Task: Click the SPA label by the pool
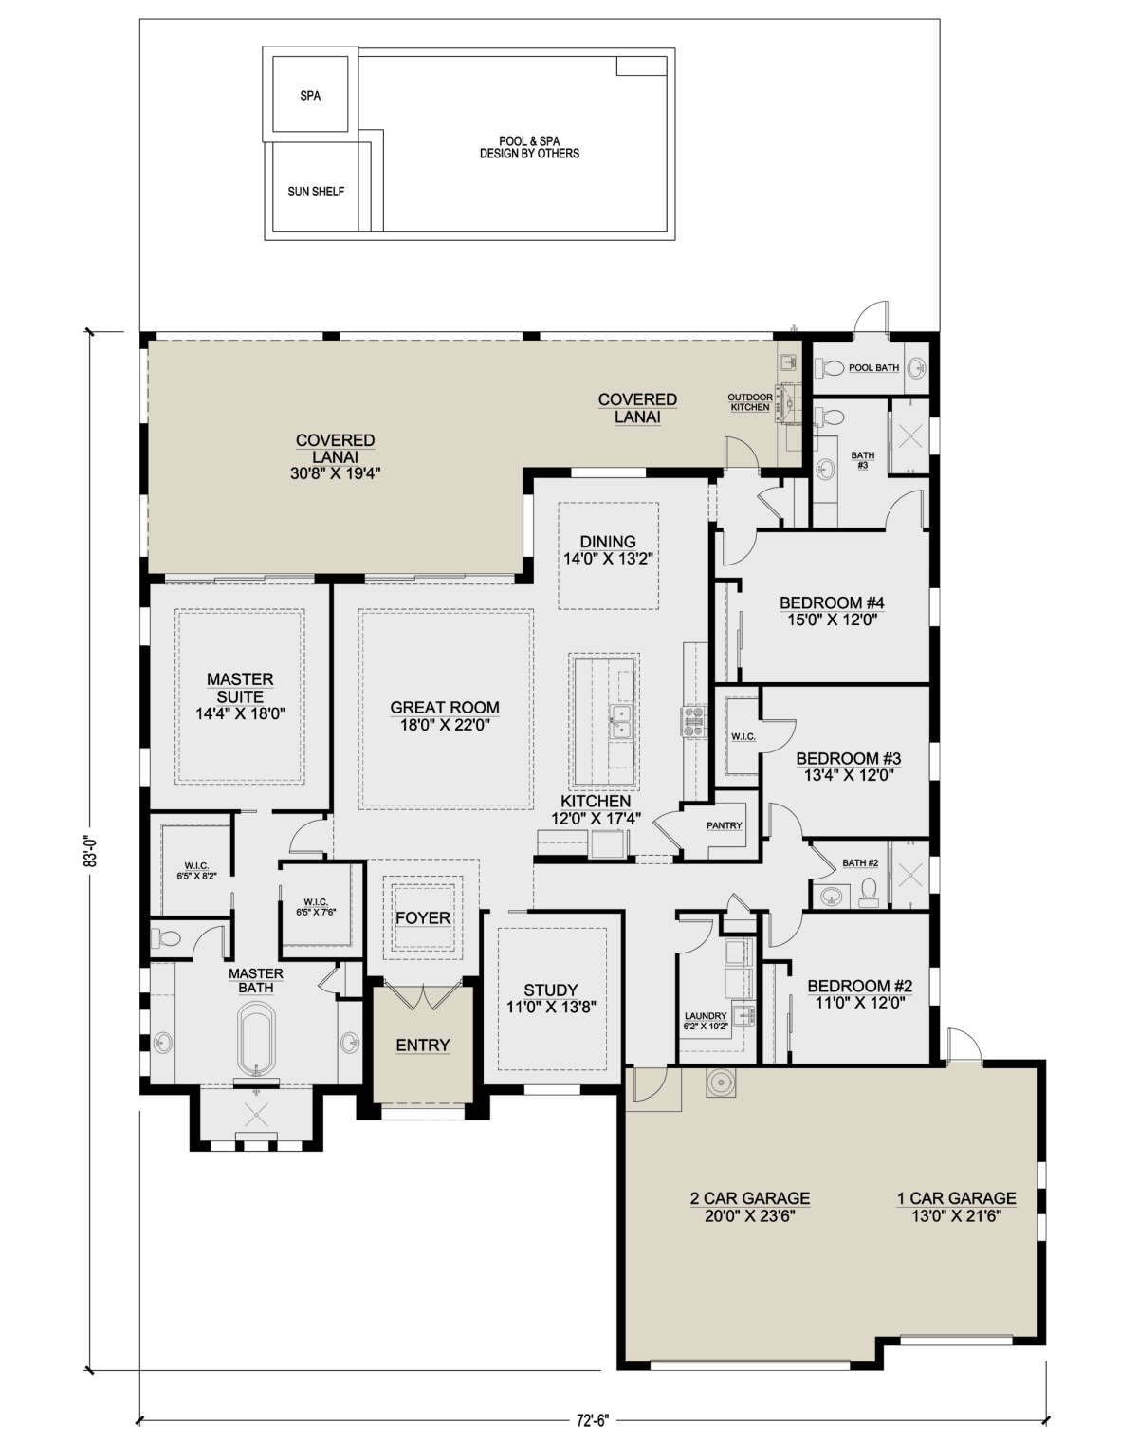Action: (x=310, y=96)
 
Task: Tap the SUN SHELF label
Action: (x=316, y=192)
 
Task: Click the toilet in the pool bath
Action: (x=830, y=368)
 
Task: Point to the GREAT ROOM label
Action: (x=445, y=707)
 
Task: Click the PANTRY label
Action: (x=725, y=825)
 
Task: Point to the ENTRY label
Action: (x=422, y=1045)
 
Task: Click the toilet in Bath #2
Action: (x=869, y=893)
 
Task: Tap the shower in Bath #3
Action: (x=909, y=436)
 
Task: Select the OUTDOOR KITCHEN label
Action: (x=750, y=402)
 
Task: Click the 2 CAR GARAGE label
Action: (x=750, y=1197)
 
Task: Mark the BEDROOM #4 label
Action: (x=832, y=602)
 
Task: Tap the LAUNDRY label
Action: (x=706, y=1016)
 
